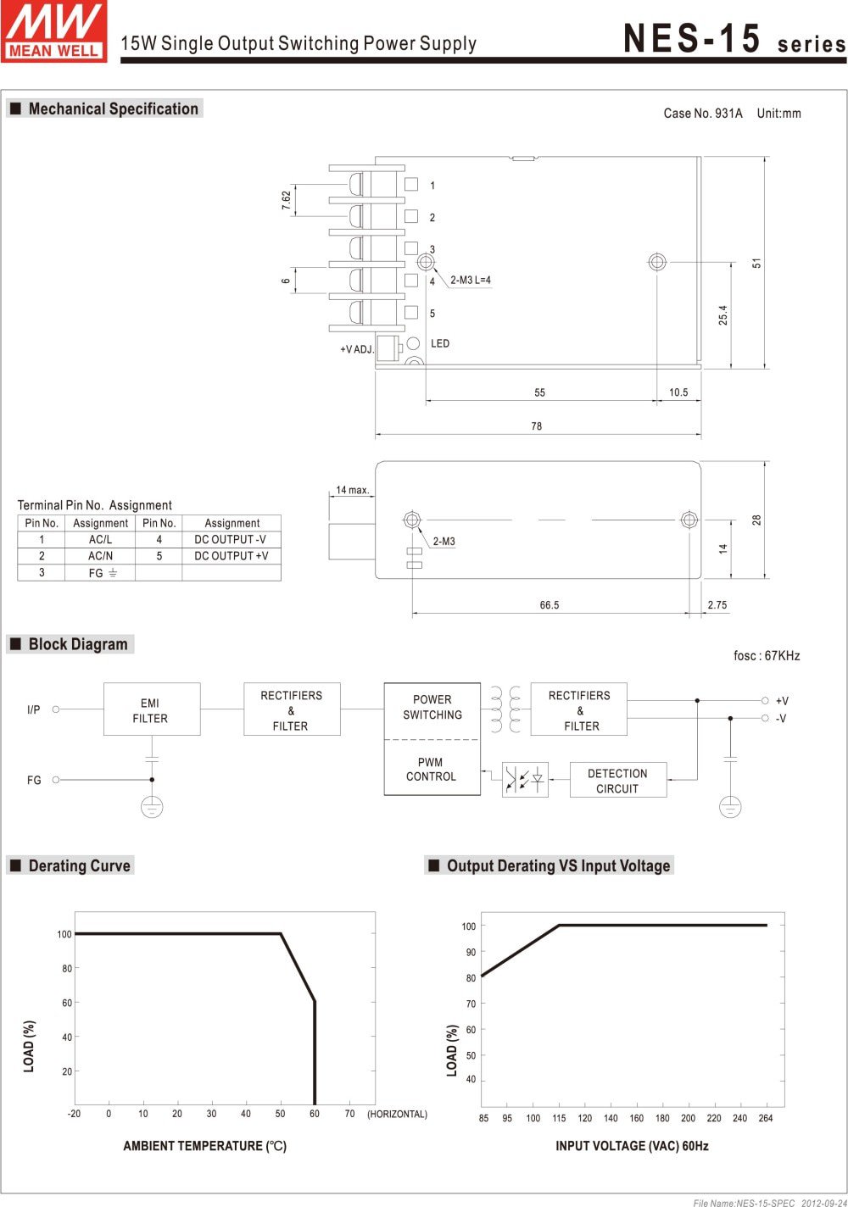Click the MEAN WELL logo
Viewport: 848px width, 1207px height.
pos(54,31)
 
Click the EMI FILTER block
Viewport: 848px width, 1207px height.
pos(151,709)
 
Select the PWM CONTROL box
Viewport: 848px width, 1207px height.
pos(431,770)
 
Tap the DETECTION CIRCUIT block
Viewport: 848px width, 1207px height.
pos(617,781)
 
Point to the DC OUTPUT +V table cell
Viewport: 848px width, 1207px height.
pos(231,556)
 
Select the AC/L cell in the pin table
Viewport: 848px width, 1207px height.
pos(100,539)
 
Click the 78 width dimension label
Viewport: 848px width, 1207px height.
pos(536,426)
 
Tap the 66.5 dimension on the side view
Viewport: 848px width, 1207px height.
pos(550,605)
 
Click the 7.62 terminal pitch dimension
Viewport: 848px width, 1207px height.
pos(286,200)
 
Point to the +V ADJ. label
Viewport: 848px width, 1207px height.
pos(357,349)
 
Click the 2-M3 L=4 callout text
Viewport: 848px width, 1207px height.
pos(471,280)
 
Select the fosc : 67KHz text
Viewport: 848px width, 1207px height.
pos(767,656)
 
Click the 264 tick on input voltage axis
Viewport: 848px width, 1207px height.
pos(766,1118)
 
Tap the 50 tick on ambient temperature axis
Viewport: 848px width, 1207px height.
pos(280,1114)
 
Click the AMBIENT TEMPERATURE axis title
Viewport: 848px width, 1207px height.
pos(204,1146)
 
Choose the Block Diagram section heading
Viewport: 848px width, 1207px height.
pos(78,644)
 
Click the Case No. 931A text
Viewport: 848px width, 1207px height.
pos(702,114)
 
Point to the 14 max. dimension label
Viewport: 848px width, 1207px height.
pos(352,490)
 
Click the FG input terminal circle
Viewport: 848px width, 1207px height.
pos(56,780)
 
